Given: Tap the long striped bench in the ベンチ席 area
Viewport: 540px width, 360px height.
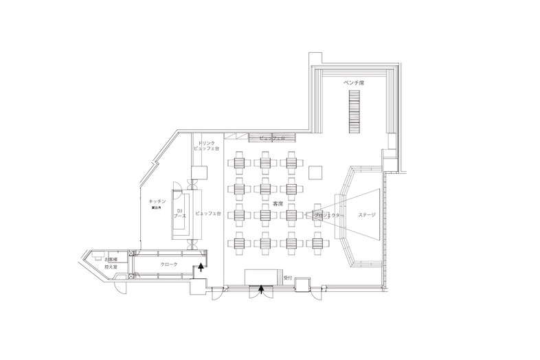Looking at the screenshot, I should click(354, 114).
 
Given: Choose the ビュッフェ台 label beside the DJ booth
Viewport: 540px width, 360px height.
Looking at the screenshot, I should click(207, 213).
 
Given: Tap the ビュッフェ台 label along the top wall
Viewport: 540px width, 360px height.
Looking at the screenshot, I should click(273, 137).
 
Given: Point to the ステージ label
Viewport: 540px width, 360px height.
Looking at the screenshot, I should click(367, 216).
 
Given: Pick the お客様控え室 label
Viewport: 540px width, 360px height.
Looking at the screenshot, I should click(110, 262).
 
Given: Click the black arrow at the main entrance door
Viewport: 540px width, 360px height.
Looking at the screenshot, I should click(260, 290).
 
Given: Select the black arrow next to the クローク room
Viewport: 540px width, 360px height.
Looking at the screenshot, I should click(201, 266).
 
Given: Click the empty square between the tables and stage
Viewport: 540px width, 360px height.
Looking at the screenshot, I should click(317, 172).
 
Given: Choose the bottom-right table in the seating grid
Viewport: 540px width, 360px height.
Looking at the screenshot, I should click(317, 240).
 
